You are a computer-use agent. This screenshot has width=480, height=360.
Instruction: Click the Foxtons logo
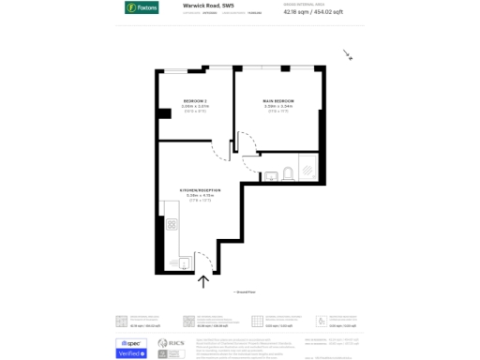pos(142,7)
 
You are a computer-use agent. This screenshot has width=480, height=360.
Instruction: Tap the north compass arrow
pos(348,55)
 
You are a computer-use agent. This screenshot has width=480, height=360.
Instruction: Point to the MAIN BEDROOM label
pos(278,100)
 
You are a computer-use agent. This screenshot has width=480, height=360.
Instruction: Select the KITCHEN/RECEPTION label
pos(201,190)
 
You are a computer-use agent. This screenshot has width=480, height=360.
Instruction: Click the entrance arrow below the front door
pos(202,279)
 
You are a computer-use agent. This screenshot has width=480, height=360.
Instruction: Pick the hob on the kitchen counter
pos(172,224)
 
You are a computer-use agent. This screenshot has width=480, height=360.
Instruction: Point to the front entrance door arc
pos(202,260)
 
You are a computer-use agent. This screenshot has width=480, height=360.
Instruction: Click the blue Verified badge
pos(131,353)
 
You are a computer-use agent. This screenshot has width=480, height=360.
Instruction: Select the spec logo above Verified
pos(131,342)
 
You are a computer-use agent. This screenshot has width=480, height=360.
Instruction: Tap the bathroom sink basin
pos(267,172)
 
